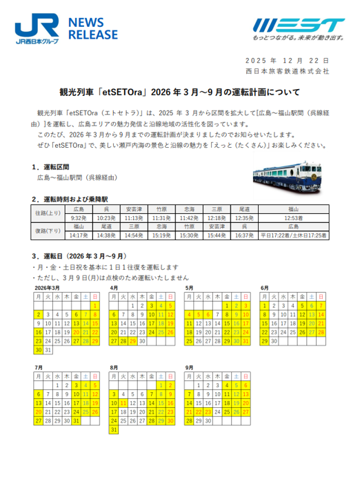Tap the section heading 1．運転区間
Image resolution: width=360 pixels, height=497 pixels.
pos(55,167)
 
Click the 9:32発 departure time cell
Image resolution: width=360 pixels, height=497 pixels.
pos(79,217)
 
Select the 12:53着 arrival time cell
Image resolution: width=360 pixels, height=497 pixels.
pos(293,217)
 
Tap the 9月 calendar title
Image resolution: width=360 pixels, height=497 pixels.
pos(190,368)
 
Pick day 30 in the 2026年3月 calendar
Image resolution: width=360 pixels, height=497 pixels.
pos(40,349)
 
